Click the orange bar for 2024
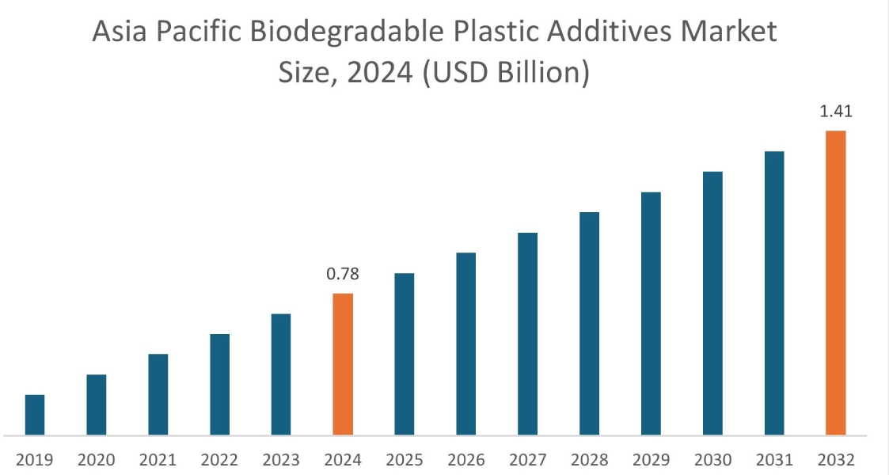click(343, 364)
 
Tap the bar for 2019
click(35, 415)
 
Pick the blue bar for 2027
click(528, 333)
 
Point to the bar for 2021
click(158, 394)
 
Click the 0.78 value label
click(343, 275)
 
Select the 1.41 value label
click(836, 112)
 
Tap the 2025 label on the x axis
click(405, 460)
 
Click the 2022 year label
click(220, 460)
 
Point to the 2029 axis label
click(651, 460)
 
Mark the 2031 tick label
click(774, 460)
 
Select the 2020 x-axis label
click(97, 460)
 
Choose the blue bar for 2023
click(281, 374)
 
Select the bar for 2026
click(466, 344)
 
